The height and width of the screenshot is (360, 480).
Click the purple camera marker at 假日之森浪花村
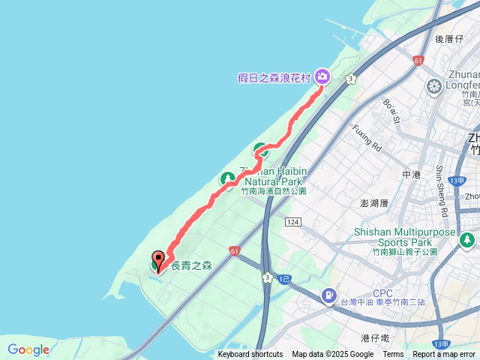pyautogui.click(x=322, y=75)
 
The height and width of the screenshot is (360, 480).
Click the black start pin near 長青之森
pyautogui.click(x=158, y=259)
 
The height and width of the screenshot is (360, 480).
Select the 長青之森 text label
pyautogui.click(x=192, y=265)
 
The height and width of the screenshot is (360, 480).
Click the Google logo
pyautogui.click(x=28, y=349)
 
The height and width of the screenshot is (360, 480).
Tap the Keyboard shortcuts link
pyautogui.click(x=250, y=355)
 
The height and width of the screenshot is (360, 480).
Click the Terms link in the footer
pyautogui.click(x=392, y=355)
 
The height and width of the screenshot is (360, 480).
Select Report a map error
pyautogui.click(x=444, y=355)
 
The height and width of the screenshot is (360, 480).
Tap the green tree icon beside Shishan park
pyautogui.click(x=468, y=240)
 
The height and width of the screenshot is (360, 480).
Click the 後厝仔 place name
pyautogui.click(x=449, y=39)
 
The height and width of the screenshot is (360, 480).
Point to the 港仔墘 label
pyautogui.click(x=374, y=338)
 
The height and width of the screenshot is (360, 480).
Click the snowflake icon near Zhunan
pyautogui.click(x=433, y=86)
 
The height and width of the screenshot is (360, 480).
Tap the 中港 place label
pyautogui.click(x=412, y=175)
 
